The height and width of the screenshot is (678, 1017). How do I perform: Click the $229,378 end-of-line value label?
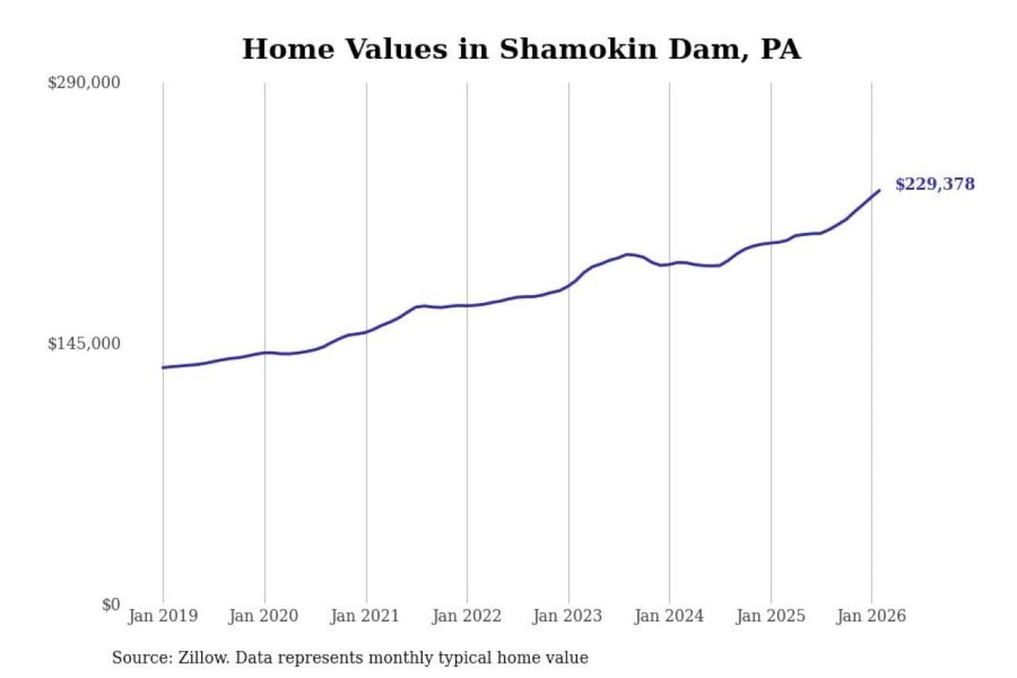(934, 184)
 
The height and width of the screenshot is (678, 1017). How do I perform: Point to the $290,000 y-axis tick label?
(83, 83)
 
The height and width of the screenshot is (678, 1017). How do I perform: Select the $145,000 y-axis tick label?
(83, 344)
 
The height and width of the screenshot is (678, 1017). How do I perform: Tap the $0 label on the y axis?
(110, 605)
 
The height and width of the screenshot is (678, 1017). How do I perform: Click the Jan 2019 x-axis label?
(162, 616)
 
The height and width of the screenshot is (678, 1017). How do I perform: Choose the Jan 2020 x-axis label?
(263, 616)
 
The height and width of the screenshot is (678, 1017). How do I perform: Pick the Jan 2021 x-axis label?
(364, 616)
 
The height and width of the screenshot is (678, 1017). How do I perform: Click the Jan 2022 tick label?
(466, 616)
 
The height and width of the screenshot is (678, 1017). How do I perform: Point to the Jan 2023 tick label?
(567, 616)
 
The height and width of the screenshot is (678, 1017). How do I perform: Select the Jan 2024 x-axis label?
(669, 616)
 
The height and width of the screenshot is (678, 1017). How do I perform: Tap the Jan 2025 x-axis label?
(770, 616)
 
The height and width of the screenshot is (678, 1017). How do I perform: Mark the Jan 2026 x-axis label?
(871, 616)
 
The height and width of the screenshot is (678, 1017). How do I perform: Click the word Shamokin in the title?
(578, 49)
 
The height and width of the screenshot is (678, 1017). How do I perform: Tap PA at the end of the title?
(781, 49)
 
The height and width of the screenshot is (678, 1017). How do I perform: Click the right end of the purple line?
(879, 190)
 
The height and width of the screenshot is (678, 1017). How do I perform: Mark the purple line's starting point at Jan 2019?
(163, 367)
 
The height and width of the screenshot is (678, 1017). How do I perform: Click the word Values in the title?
(396, 49)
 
